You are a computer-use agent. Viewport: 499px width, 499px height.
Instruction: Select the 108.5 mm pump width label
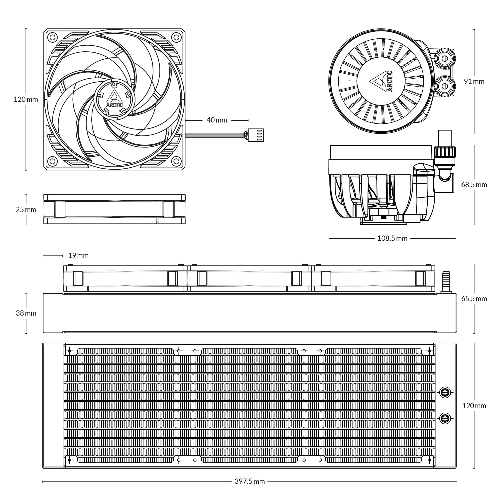click(x=392, y=238)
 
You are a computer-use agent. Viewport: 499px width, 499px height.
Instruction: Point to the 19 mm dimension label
click(x=78, y=255)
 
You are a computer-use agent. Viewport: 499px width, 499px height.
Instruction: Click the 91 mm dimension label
click(x=474, y=81)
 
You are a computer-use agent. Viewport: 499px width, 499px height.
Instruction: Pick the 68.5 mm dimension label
click(x=474, y=185)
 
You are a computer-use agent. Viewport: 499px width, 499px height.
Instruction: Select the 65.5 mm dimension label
click(x=474, y=299)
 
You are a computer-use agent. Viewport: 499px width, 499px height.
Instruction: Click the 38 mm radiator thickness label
click(x=26, y=313)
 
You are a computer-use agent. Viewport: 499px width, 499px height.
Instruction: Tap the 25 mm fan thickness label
click(x=26, y=210)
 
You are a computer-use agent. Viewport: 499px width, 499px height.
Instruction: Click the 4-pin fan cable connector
click(x=256, y=135)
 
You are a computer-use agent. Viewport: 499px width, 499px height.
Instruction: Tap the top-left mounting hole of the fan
click(x=53, y=37)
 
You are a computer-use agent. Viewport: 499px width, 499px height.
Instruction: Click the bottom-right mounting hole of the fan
click(x=176, y=161)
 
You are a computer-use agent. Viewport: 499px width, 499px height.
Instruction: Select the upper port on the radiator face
click(x=445, y=392)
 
